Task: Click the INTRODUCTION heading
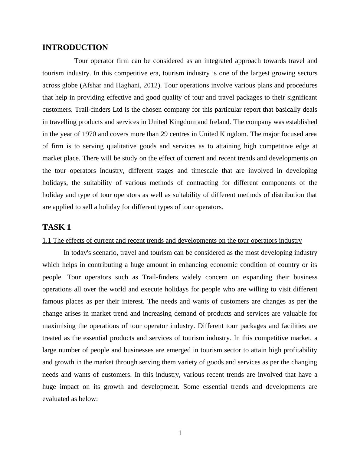pyautogui.click(x=75, y=48)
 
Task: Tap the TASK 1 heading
pyautogui.click(x=57, y=227)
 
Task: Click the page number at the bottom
pyautogui.click(x=180, y=433)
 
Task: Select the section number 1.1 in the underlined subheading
pyautogui.click(x=47, y=241)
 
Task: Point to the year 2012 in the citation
pyautogui.click(x=150, y=85)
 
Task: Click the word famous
pyautogui.click(x=53, y=301)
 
